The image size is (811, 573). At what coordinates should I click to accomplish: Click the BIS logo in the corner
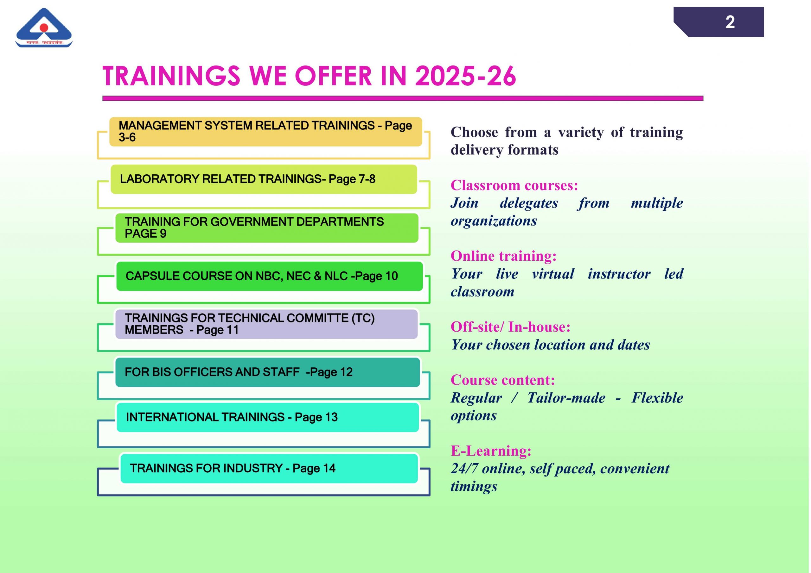(x=44, y=28)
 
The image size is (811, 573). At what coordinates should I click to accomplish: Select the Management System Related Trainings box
(x=265, y=132)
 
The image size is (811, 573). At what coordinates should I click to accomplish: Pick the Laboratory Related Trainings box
(x=264, y=179)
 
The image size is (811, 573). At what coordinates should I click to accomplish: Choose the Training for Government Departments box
(x=267, y=228)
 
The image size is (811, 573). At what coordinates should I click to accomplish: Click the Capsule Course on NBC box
(x=270, y=276)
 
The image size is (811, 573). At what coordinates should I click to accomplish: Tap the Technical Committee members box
(x=267, y=324)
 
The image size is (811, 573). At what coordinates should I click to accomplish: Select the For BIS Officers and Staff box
(x=268, y=372)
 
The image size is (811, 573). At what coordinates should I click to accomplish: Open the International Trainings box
(x=268, y=417)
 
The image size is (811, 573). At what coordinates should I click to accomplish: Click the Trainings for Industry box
(x=269, y=469)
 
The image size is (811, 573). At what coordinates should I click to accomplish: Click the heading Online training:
(x=504, y=256)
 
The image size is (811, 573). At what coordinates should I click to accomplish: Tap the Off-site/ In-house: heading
(x=510, y=327)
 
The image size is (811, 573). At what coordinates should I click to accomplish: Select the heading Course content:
(x=503, y=380)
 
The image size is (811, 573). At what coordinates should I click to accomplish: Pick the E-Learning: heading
(x=491, y=451)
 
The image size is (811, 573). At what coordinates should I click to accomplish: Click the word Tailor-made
(x=566, y=398)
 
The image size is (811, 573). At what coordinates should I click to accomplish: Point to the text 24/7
(x=464, y=469)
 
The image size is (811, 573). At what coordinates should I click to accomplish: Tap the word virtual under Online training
(x=553, y=274)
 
